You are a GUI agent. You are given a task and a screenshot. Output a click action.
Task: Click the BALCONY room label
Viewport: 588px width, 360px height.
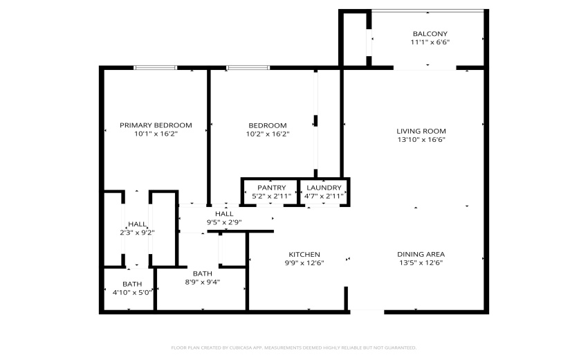click(430, 34)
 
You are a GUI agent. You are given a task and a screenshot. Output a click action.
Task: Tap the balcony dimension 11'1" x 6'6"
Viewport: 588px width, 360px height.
click(430, 42)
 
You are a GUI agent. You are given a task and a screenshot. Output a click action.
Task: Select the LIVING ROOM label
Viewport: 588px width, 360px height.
click(421, 131)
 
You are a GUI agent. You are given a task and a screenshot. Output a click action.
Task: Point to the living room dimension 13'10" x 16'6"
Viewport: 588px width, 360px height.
click(421, 139)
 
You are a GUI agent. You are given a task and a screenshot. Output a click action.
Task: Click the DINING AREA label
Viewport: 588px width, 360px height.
click(421, 254)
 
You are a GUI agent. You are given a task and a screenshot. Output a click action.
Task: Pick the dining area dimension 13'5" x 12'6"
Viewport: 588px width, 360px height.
click(421, 262)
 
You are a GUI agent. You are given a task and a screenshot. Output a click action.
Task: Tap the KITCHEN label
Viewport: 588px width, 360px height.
click(304, 254)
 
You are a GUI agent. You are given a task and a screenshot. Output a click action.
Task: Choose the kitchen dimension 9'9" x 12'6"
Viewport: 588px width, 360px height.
click(304, 262)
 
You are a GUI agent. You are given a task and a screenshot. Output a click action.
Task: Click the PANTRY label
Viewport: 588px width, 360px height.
click(271, 188)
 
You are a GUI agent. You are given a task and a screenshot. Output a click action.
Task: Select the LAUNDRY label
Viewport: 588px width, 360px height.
click(324, 188)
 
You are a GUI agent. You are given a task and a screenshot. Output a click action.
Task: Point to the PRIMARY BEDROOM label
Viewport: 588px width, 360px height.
click(156, 125)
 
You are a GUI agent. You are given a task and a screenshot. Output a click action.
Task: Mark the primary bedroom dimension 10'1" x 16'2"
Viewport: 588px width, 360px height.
click(156, 134)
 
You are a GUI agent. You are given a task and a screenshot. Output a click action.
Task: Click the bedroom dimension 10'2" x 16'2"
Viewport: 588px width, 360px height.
click(268, 134)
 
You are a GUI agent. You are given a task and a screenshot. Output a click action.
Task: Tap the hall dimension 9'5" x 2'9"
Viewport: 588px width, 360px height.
click(224, 222)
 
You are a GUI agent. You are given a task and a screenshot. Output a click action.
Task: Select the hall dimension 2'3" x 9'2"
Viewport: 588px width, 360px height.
click(137, 233)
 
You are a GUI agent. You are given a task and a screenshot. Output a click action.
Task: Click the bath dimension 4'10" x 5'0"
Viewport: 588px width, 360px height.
click(132, 292)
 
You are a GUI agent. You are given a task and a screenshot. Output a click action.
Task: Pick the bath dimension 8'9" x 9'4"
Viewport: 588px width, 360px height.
click(202, 282)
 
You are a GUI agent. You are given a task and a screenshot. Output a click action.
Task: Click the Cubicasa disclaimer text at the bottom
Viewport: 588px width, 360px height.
click(293, 348)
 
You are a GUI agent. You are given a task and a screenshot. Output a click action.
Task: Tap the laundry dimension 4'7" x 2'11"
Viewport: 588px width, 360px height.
click(324, 196)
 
